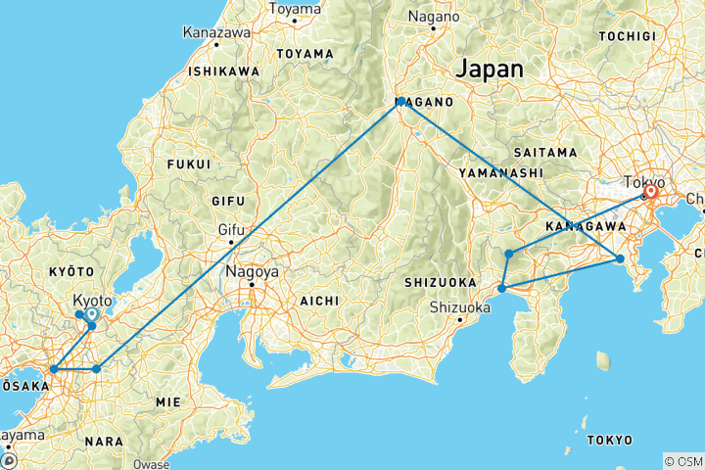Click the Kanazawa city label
[x=215, y=32]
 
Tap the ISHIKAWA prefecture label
[x=224, y=71]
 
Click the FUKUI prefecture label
[x=190, y=164]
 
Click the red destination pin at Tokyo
[x=649, y=193]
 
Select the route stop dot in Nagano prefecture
[x=401, y=101]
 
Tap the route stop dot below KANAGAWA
[x=620, y=258]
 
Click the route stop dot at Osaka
[x=53, y=369]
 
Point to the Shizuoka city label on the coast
[x=460, y=307]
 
